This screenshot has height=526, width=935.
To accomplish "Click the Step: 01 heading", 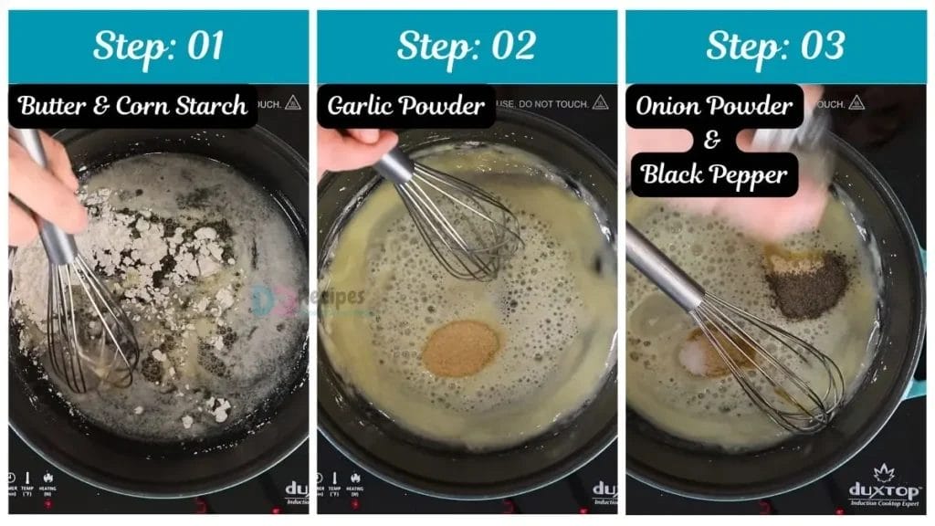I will (158, 46).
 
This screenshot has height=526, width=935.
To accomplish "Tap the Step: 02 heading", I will (467, 46).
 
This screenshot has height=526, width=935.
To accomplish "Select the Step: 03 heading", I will (775, 46).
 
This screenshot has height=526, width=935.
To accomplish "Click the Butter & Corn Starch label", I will (133, 106).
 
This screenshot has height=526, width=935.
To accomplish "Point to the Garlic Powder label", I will (406, 106).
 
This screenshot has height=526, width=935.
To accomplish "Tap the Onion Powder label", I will (715, 106).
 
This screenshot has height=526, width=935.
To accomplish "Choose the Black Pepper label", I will (715, 174).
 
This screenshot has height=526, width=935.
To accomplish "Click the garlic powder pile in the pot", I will (460, 347).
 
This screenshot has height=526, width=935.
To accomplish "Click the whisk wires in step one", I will (91, 329).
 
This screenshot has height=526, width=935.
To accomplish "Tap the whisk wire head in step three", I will (776, 365).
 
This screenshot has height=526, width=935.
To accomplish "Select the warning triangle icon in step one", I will (292, 102).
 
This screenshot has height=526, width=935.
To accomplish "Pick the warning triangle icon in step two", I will (600, 102).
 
